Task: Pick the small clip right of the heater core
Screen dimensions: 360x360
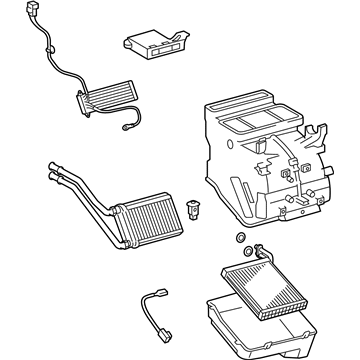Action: click(x=193, y=210)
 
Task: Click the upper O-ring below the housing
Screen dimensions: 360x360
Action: click(x=240, y=235)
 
